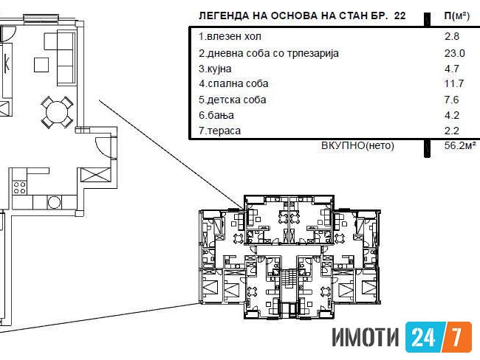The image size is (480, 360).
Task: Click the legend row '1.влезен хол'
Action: [x=230, y=37]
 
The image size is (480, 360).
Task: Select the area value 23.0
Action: [x=455, y=54]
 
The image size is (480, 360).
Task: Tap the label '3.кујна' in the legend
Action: [x=215, y=69]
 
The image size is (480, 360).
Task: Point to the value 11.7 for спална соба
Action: [x=454, y=83]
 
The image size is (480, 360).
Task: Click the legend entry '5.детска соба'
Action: [x=233, y=100]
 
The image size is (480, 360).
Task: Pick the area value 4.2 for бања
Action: [x=452, y=115]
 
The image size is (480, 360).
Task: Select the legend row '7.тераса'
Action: [x=219, y=131]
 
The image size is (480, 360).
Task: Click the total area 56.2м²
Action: [x=460, y=145]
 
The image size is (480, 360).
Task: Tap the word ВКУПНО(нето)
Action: [x=357, y=145]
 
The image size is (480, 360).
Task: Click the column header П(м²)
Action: [x=456, y=16]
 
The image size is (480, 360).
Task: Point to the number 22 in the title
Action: [x=400, y=15]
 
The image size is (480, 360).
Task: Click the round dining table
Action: [x=57, y=112]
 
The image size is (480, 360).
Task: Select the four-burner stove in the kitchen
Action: [x=20, y=188]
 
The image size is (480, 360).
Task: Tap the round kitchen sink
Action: [x=54, y=202]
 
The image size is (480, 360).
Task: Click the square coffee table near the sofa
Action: [x=41, y=65]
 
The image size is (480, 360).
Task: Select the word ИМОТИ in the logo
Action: [x=366, y=338]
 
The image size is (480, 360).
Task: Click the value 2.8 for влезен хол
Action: [x=452, y=37]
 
